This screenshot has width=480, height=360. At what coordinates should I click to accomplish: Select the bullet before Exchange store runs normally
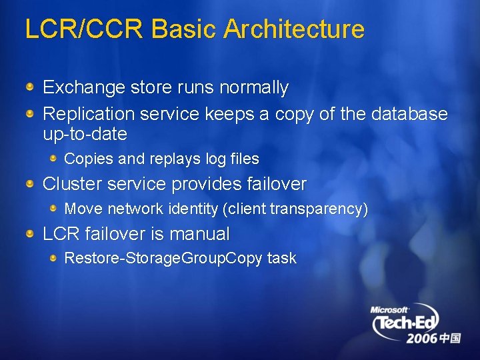click(31, 87)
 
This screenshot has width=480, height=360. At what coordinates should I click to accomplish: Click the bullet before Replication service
click(31, 114)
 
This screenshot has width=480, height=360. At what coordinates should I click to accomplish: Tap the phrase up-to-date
click(85, 134)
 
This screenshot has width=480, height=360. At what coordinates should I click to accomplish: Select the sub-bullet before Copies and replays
click(53, 159)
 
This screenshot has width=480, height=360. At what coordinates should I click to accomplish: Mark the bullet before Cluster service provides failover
click(31, 183)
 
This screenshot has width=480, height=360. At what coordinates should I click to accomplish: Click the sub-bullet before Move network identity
click(53, 209)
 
